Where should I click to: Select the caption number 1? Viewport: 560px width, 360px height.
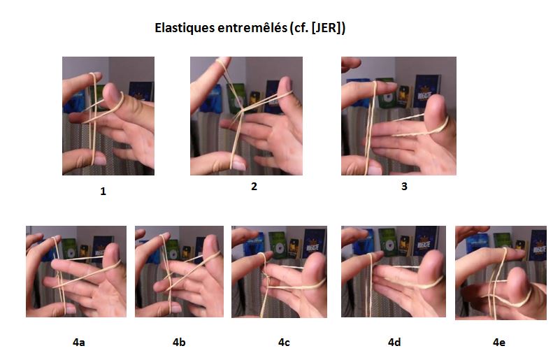(103, 191)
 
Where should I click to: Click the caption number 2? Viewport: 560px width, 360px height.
(254, 186)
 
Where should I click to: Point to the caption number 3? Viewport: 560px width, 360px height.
(403, 186)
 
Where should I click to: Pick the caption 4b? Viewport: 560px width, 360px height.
(180, 343)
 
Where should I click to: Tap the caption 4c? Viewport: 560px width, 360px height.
(284, 343)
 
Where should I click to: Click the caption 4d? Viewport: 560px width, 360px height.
(394, 343)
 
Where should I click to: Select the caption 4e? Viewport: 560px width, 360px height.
(499, 343)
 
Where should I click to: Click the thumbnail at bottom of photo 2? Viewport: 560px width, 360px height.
(236, 165)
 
